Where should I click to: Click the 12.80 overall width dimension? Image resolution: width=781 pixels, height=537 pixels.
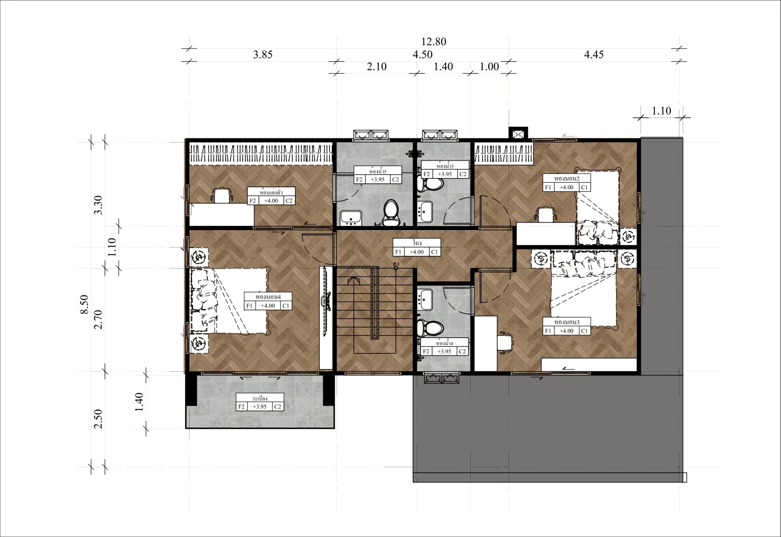(434, 42)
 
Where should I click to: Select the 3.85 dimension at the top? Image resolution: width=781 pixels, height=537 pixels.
(263, 54)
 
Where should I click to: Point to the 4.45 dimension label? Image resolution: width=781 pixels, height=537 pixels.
(594, 54)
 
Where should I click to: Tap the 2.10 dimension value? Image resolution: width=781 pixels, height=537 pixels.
(377, 67)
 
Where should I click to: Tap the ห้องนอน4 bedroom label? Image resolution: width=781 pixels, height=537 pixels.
(268, 297)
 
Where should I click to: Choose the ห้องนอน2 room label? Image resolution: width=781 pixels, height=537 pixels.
(566, 178)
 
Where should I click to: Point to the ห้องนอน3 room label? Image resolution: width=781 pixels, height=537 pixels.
(566, 322)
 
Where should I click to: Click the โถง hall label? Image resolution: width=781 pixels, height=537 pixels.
(417, 243)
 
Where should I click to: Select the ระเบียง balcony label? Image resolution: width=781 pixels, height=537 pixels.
(260, 398)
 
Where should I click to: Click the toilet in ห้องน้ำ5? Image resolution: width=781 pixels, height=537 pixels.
(391, 213)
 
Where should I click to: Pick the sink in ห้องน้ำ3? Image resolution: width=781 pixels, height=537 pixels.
(425, 212)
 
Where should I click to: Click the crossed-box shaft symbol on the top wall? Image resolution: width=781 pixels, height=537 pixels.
(518, 135)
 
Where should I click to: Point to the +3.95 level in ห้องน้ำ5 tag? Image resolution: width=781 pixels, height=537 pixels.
(378, 180)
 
